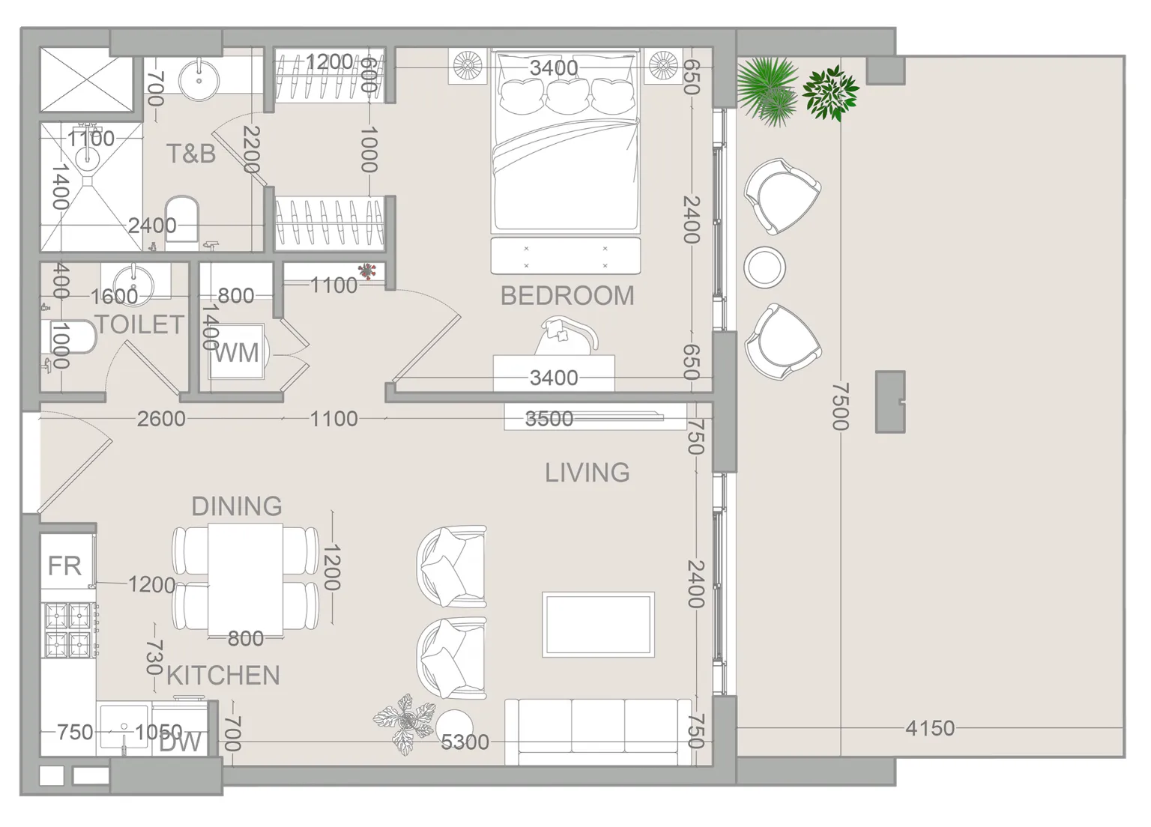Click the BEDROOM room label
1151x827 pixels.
pyautogui.click(x=567, y=296)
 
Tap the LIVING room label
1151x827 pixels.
pyautogui.click(x=587, y=473)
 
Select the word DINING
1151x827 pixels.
pyautogui.click(x=237, y=506)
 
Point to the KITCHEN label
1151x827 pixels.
pyautogui.click(x=223, y=675)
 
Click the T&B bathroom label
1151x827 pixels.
pyautogui.click(x=190, y=154)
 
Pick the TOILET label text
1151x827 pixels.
pyautogui.click(x=140, y=324)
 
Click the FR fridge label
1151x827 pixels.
pyautogui.click(x=64, y=566)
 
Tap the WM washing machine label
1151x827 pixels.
pyautogui.click(x=236, y=353)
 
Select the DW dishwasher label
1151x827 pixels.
pyautogui.click(x=180, y=743)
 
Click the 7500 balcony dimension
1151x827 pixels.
pyautogui.click(x=840, y=406)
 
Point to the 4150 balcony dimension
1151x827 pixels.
pyautogui.click(x=930, y=728)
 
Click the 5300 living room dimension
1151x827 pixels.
pyautogui.click(x=465, y=742)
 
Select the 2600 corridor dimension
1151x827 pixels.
pyautogui.click(x=161, y=419)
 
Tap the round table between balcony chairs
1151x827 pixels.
pyautogui.click(x=764, y=267)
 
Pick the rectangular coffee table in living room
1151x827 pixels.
pyautogui.click(x=598, y=625)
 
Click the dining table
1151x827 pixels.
pyautogui.click(x=246, y=579)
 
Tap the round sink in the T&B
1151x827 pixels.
pyautogui.click(x=199, y=80)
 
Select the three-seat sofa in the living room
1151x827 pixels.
pyautogui.click(x=598, y=731)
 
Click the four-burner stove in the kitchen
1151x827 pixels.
pyautogui.click(x=69, y=630)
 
